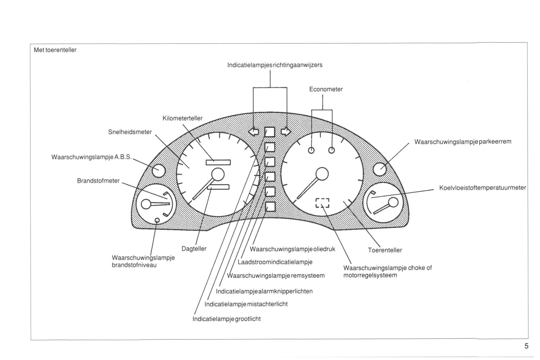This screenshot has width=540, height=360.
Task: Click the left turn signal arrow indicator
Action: click(254, 131)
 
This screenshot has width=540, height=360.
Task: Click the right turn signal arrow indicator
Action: click(286, 131)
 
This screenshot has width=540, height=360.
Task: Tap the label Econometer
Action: click(326, 89)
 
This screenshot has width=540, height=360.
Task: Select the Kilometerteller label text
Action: click(182, 118)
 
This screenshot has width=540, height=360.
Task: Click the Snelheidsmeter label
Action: click(130, 132)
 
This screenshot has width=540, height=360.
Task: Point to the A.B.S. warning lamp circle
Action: click(158, 171)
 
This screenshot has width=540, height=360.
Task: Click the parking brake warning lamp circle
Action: click(380, 169)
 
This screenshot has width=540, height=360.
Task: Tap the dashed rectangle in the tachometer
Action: click(322, 202)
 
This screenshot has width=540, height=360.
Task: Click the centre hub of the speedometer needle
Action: click(217, 174)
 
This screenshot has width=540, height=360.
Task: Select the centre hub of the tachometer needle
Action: click(322, 174)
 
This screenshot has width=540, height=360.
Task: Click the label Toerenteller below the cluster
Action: click(385, 250)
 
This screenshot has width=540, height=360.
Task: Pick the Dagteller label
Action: click(194, 249)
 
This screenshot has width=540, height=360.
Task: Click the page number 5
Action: click(526, 346)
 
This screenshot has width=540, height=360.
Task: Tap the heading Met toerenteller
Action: click(55, 50)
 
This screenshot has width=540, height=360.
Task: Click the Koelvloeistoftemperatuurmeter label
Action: click(482, 188)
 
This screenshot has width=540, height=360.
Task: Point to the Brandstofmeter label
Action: click(98, 181)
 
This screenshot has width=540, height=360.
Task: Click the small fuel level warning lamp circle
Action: click(157, 220)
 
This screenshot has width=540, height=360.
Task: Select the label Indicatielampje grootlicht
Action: click(226, 319)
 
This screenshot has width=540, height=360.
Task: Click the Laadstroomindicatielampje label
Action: click(275, 262)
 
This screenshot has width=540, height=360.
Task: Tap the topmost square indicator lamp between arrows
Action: click(270, 132)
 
